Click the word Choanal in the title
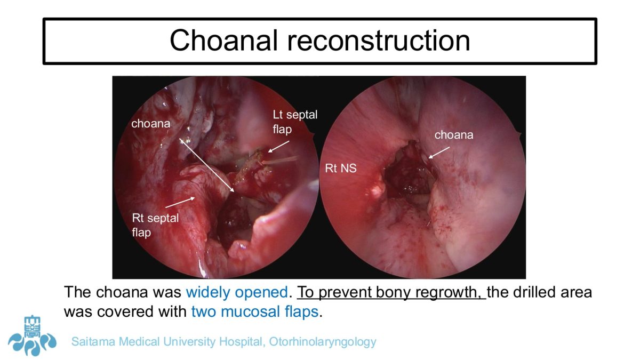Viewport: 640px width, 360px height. click(223, 41)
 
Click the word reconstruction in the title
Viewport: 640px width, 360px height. click(379, 41)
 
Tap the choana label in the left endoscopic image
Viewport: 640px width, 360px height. click(150, 124)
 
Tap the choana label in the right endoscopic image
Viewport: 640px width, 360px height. click(454, 135)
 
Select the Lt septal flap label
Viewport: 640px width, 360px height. click(295, 122)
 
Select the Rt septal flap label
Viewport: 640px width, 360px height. click(155, 225)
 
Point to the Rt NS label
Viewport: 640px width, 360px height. click(341, 168)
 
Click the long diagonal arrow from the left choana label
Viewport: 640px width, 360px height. click(206, 165)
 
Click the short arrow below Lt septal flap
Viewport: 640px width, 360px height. click(278, 147)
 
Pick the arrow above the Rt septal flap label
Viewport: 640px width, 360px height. click(180, 202)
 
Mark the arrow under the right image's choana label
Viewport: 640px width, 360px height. click(439, 153)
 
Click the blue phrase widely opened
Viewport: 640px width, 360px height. click(237, 292)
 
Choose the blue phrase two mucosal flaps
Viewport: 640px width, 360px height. click(255, 311)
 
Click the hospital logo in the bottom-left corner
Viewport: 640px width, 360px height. click(32, 336)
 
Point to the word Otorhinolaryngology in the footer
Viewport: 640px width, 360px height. click(323, 342)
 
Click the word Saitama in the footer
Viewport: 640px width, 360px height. click(93, 341)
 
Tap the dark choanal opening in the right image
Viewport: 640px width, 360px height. click(409, 174)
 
